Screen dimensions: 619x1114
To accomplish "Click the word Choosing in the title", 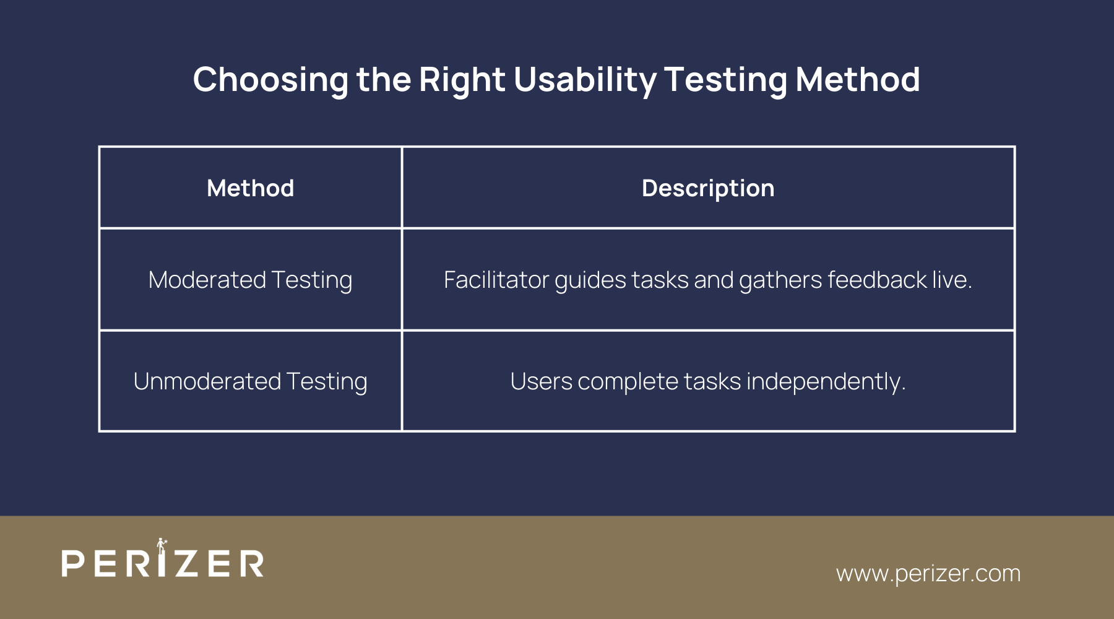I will (x=270, y=80).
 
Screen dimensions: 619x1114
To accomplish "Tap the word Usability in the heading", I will (x=585, y=80).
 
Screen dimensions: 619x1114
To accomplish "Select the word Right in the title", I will (x=462, y=80).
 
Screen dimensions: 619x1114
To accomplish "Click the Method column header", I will (x=251, y=188).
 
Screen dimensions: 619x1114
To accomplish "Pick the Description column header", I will (x=708, y=188).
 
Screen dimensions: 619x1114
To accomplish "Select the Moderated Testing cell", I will (x=251, y=280).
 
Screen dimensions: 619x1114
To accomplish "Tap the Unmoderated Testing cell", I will (x=251, y=381).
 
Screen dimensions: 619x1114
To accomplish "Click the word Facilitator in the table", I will (x=496, y=280).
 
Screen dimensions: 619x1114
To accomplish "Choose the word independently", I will (x=826, y=381).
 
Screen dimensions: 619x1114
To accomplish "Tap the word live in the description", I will (x=952, y=280).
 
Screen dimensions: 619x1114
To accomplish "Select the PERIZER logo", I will (x=163, y=562).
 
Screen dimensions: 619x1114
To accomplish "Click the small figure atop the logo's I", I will (x=162, y=545).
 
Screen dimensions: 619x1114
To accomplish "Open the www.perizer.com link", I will (x=928, y=573).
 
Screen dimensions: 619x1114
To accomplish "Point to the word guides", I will (x=590, y=280).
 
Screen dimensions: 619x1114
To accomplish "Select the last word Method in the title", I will (x=857, y=80).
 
